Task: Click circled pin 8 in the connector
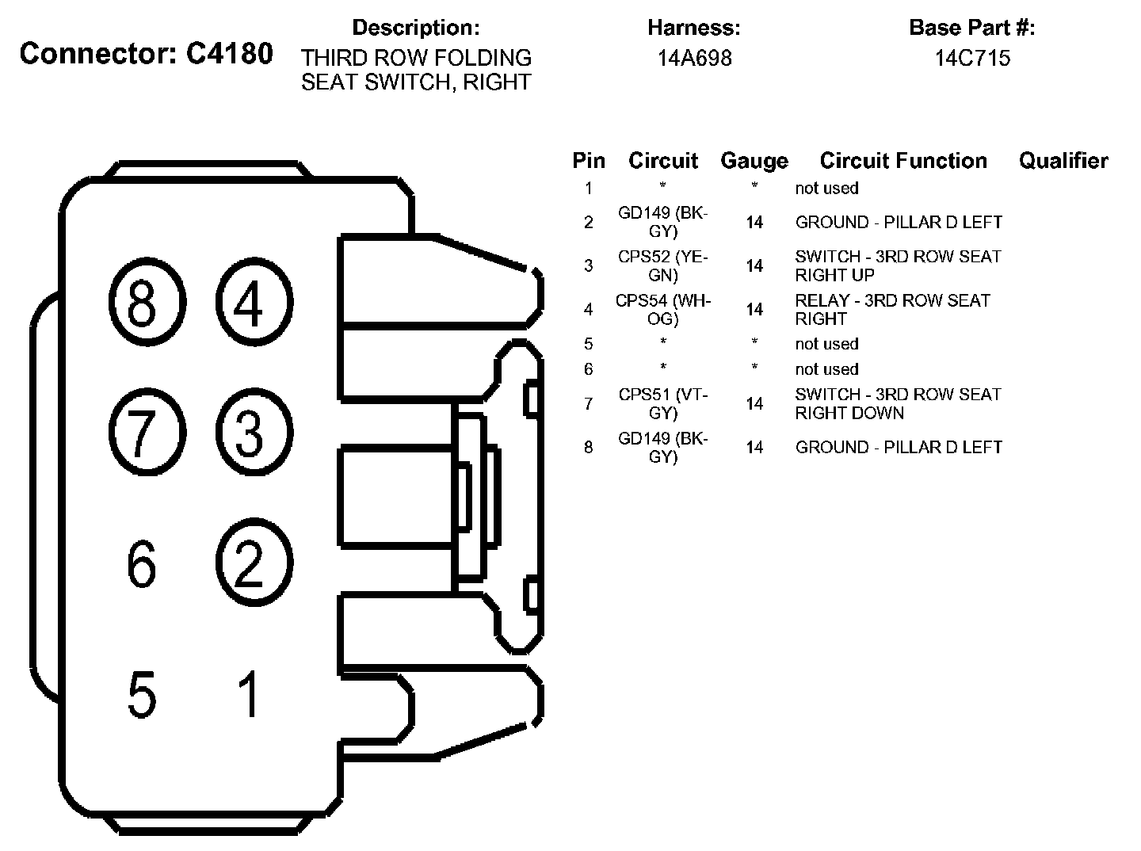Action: [147, 303]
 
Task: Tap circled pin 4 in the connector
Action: [254, 303]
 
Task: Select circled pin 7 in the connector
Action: [147, 433]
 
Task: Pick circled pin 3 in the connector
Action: [254, 433]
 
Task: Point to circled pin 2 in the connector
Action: [254, 564]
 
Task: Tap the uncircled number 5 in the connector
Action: [142, 694]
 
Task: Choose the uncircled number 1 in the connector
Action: [250, 694]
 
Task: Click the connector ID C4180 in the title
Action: [228, 54]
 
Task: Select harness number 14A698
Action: [694, 58]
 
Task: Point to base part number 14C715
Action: [972, 58]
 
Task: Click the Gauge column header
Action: [754, 161]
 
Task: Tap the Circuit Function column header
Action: [903, 161]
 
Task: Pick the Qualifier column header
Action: [1063, 161]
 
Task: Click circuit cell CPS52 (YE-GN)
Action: [662, 266]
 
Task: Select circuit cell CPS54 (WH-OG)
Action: [662, 310]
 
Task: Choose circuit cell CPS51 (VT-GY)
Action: [662, 404]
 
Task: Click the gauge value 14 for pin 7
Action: [754, 404]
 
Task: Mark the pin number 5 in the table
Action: [588, 344]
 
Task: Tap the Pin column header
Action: [589, 161]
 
